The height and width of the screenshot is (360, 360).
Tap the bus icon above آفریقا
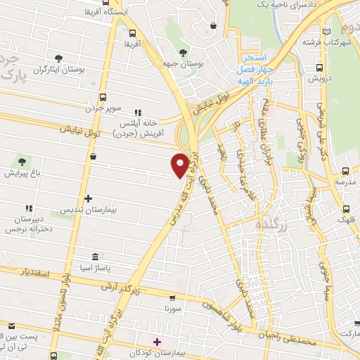point(134,32)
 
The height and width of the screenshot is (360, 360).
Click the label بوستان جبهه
point(185,64)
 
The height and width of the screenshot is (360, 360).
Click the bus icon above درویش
point(320,68)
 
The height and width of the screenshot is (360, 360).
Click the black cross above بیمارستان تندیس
point(88,199)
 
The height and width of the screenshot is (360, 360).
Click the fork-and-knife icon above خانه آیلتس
point(139,112)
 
